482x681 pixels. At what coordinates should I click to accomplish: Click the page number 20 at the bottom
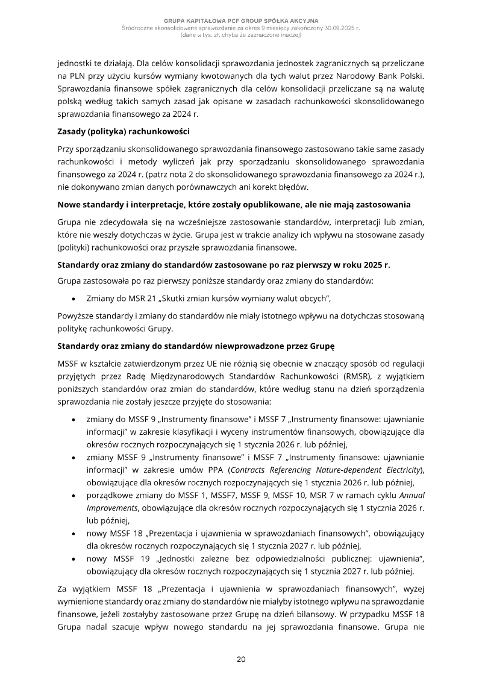pos(240,659)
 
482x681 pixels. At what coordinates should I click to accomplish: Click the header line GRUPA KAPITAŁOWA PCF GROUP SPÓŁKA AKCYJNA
pos(240,21)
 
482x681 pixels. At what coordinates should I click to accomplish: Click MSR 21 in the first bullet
pos(139,297)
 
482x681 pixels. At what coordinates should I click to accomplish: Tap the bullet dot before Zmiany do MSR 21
pos(73,298)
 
